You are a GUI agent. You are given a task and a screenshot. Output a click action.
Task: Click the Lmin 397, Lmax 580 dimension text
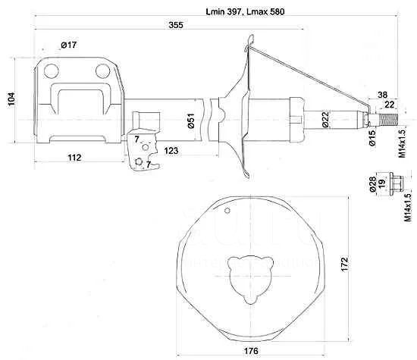tap(245, 11)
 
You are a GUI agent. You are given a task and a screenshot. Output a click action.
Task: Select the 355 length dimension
tap(176, 25)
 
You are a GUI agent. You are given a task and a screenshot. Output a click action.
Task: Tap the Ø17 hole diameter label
tap(68, 45)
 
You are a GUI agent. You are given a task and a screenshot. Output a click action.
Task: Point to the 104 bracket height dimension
tap(11, 99)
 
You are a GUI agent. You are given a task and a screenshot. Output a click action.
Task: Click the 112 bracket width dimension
tap(74, 158)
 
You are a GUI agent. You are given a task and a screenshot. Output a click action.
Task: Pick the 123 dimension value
tap(171, 151)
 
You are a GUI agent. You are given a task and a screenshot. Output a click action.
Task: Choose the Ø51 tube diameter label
tap(191, 121)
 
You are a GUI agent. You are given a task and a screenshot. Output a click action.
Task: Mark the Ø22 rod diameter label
tap(325, 120)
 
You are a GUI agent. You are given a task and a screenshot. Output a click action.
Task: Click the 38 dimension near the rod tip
tap(382, 95)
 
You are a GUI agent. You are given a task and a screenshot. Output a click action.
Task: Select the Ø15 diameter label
tap(372, 138)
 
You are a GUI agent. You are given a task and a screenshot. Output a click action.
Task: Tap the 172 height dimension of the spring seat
tap(344, 264)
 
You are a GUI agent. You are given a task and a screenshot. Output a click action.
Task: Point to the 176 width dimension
tap(251, 351)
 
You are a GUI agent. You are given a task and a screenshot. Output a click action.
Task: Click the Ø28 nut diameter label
tap(372, 184)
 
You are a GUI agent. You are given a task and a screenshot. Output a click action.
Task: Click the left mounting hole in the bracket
tap(51, 71)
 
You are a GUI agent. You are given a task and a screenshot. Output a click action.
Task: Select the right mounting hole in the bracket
tap(102, 71)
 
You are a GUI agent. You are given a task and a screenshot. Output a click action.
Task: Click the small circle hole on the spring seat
tap(227, 211)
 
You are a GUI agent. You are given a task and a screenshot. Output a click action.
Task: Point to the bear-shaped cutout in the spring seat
tap(251, 279)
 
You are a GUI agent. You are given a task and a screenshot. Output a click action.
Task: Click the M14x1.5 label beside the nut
tap(408, 208)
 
